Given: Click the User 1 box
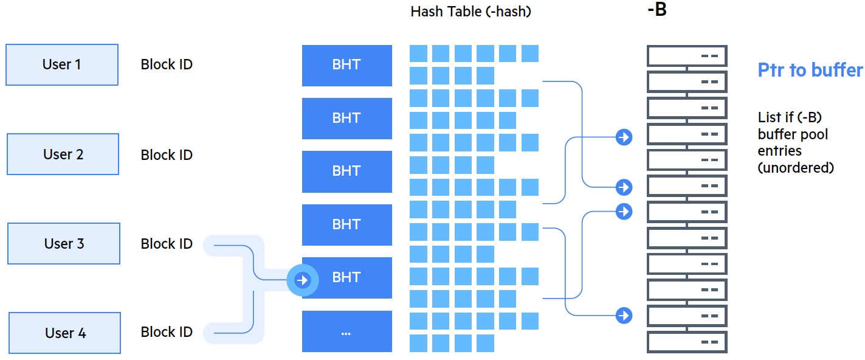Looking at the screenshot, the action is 62,64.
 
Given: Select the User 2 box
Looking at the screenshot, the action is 63,154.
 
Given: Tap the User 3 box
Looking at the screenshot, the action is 64,243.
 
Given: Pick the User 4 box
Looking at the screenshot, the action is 65,333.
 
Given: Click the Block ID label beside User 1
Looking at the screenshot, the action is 167,64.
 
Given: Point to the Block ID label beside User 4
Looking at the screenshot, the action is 167,332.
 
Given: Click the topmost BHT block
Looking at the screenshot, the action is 346,65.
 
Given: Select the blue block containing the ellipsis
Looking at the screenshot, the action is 346,331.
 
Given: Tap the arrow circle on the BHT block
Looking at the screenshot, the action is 303,280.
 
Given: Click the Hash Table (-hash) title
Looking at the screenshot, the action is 470,12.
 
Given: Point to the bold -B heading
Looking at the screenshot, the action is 657,9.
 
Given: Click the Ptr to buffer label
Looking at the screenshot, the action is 810,70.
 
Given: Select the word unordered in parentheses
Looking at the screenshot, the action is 796,168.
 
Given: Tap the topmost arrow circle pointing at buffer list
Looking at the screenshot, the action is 624,137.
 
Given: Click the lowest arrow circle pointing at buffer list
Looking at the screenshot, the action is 624,316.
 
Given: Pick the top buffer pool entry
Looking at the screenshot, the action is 687,56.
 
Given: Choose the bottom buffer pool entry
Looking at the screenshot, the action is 687,342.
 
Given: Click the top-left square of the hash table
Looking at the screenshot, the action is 418,54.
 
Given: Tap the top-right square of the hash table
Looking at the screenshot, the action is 530,54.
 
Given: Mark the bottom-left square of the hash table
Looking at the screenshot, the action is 418,344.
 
